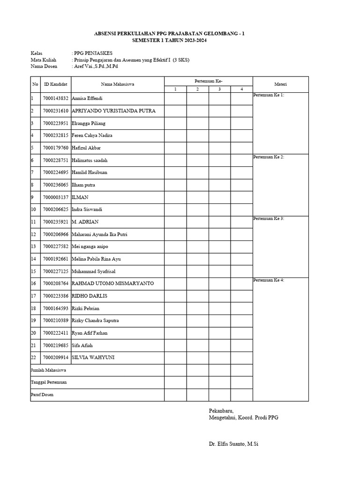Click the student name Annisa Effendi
point(87,99)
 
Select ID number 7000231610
point(55,111)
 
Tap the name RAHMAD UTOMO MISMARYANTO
point(112,284)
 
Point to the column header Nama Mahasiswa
point(117,84)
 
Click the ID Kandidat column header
point(55,84)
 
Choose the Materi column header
point(280,84)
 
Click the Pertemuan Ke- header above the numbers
point(208,81)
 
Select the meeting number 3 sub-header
point(219,89)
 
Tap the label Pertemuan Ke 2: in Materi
point(269,157)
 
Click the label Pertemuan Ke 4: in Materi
point(269,280)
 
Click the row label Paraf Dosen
point(42,395)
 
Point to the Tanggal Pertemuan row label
point(49,382)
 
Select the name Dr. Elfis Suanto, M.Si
point(233,443)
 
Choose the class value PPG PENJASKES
point(93,53)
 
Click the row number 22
point(34,358)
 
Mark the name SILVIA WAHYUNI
point(93,358)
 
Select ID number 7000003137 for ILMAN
point(55,197)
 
